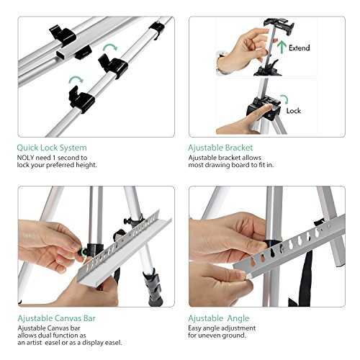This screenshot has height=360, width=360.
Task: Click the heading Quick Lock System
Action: tap(52, 148)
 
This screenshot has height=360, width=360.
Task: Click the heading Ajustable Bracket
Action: tap(220, 148)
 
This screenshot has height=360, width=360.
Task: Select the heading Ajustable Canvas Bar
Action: tap(56, 318)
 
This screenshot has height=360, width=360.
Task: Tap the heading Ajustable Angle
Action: tap(219, 318)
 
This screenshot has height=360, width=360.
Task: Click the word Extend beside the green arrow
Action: tap(299, 48)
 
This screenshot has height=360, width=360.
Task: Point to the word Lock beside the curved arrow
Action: tap(294, 111)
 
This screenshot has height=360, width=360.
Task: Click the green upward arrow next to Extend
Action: tap(282, 47)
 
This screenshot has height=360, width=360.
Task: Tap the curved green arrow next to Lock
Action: tap(284, 99)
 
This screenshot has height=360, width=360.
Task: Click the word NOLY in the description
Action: tap(25, 158)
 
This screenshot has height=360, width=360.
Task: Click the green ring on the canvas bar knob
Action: tap(83, 252)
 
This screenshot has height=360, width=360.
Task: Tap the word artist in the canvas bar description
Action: tap(33, 343)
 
